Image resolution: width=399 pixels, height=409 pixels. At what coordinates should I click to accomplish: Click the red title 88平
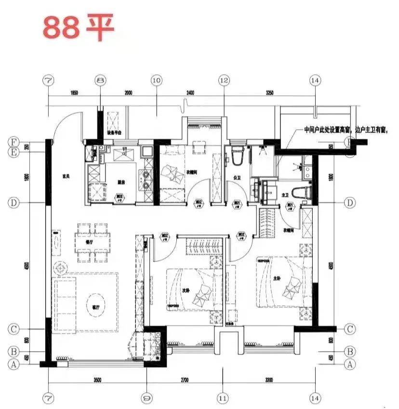point(78,27)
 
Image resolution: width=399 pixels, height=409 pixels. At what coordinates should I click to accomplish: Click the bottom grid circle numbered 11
point(222,398)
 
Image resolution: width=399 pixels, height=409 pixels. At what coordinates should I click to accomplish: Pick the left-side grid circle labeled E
point(14,153)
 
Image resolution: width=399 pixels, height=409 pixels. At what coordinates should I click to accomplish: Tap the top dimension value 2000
point(128,93)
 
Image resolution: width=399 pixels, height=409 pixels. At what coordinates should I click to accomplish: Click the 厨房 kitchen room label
point(122,182)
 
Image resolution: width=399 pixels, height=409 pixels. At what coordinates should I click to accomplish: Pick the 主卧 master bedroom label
point(276,278)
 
